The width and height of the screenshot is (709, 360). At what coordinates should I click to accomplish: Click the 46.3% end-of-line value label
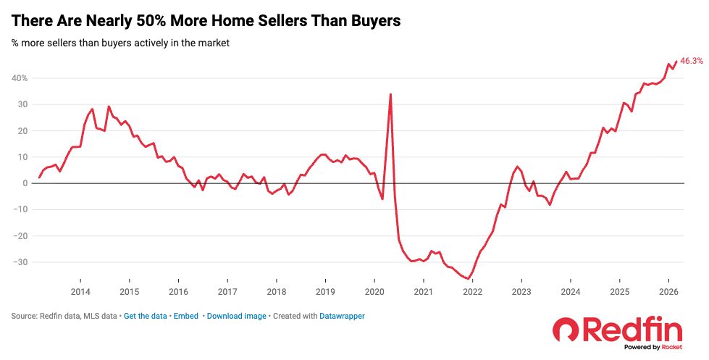tap(691, 62)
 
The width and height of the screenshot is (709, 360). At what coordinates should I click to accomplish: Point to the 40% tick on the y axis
tap(19, 78)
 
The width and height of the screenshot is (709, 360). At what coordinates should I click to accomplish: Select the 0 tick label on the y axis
tap(25, 183)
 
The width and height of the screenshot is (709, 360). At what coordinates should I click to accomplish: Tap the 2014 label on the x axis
tap(80, 291)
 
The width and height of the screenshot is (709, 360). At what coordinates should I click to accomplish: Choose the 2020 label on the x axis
tap(374, 291)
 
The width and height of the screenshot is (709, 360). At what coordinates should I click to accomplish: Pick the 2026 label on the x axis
tap(668, 291)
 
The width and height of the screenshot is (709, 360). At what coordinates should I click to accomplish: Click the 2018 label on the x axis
tap(276, 291)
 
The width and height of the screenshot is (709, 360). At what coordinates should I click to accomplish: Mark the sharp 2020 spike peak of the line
tap(390, 94)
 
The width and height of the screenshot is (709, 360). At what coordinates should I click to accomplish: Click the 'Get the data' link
tap(146, 317)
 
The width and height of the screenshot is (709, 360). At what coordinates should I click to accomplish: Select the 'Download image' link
tap(236, 317)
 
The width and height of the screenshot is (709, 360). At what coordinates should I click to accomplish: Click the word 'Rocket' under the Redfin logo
tap(671, 348)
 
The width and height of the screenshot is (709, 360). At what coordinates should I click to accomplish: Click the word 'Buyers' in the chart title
tap(370, 22)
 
